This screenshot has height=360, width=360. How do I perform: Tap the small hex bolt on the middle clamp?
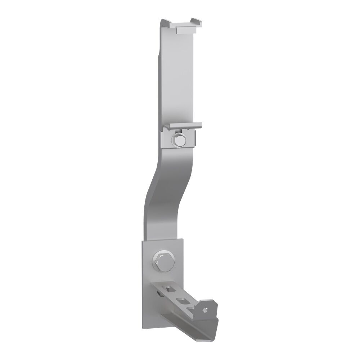click(178, 139)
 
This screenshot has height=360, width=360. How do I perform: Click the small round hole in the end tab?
click(205, 309)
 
